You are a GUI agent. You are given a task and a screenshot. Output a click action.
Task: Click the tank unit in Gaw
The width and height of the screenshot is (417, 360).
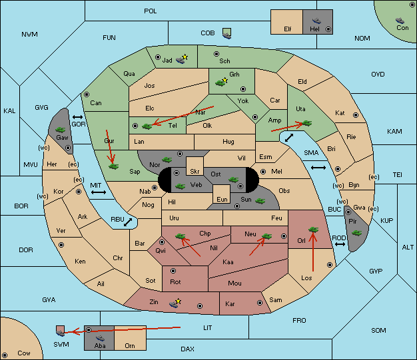[61, 130]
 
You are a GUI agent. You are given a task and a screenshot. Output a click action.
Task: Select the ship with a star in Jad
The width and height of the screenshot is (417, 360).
[181, 59]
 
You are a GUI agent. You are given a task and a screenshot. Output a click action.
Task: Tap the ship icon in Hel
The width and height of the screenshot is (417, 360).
[316, 21]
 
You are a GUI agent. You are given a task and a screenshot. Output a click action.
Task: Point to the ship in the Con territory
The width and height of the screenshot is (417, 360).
[400, 21]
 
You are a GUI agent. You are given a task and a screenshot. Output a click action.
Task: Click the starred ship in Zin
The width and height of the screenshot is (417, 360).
[175, 303]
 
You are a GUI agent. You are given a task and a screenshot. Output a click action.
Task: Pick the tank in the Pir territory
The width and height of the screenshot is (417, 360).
[356, 233]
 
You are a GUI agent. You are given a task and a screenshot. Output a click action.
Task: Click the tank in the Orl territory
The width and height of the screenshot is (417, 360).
[313, 230]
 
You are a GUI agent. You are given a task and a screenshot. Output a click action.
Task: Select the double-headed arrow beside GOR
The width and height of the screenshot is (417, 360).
[77, 117]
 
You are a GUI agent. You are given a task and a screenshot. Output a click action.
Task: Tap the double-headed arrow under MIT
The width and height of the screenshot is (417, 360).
[99, 192]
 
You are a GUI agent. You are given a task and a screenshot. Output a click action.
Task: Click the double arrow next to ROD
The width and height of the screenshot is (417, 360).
[340, 244]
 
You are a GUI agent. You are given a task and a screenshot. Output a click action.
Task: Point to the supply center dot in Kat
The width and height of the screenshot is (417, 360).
[356, 115]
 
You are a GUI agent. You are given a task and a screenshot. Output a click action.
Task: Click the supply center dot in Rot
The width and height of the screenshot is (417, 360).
[173, 271]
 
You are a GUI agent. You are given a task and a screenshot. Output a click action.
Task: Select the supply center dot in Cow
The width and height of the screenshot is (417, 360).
[5, 355]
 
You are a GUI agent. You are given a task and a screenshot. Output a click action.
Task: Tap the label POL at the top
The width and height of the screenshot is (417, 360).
[151, 11]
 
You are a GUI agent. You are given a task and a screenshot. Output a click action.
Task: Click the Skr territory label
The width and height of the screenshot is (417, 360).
[195, 172]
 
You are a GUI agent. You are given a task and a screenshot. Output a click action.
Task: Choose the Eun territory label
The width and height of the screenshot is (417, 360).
[222, 199]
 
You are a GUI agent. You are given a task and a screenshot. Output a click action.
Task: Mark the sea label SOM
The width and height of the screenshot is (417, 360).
[378, 330]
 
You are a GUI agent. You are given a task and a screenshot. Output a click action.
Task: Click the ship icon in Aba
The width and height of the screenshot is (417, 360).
[101, 338]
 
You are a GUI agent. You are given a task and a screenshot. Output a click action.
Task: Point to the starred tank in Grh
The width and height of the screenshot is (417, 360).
[222, 83]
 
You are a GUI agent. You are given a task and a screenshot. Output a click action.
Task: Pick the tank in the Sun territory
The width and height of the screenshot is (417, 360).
[260, 201]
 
